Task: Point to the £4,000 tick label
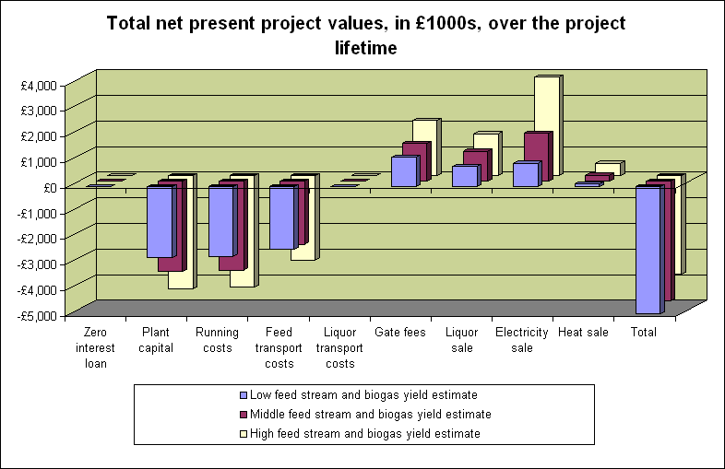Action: [x=40, y=86]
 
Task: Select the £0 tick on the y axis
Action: [x=51, y=188]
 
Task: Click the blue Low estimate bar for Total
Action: [x=648, y=249]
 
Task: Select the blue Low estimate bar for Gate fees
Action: [x=404, y=171]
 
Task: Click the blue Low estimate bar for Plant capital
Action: [x=160, y=221]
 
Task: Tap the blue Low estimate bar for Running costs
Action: [x=221, y=221]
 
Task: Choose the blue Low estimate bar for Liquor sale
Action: [x=465, y=176]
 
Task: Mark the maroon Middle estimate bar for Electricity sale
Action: [x=538, y=155]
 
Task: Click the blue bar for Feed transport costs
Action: [x=282, y=217]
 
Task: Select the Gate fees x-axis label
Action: [x=399, y=333]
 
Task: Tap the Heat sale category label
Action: [x=584, y=333]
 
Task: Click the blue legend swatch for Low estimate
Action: [x=242, y=394]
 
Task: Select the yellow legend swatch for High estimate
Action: [x=242, y=433]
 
